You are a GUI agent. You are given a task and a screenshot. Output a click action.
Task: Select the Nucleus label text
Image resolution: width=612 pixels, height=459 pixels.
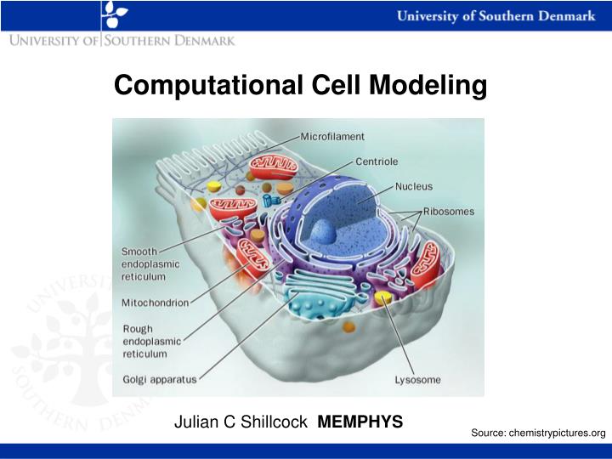(414, 186)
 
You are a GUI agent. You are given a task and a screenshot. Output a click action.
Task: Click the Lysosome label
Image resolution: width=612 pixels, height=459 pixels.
(417, 380)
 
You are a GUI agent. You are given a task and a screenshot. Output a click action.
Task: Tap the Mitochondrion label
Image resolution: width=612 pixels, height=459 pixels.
(155, 301)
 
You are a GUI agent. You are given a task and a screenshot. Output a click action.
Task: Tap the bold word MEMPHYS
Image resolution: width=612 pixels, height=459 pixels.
(360, 422)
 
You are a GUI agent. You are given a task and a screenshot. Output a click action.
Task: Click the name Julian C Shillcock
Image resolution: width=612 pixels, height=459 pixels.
(241, 422)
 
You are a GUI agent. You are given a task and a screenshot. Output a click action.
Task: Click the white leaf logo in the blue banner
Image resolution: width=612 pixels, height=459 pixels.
(114, 14)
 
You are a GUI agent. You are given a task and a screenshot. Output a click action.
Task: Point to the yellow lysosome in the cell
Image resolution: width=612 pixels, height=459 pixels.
(385, 297)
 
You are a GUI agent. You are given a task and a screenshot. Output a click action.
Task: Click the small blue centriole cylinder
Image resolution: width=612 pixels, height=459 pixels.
(270, 201)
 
